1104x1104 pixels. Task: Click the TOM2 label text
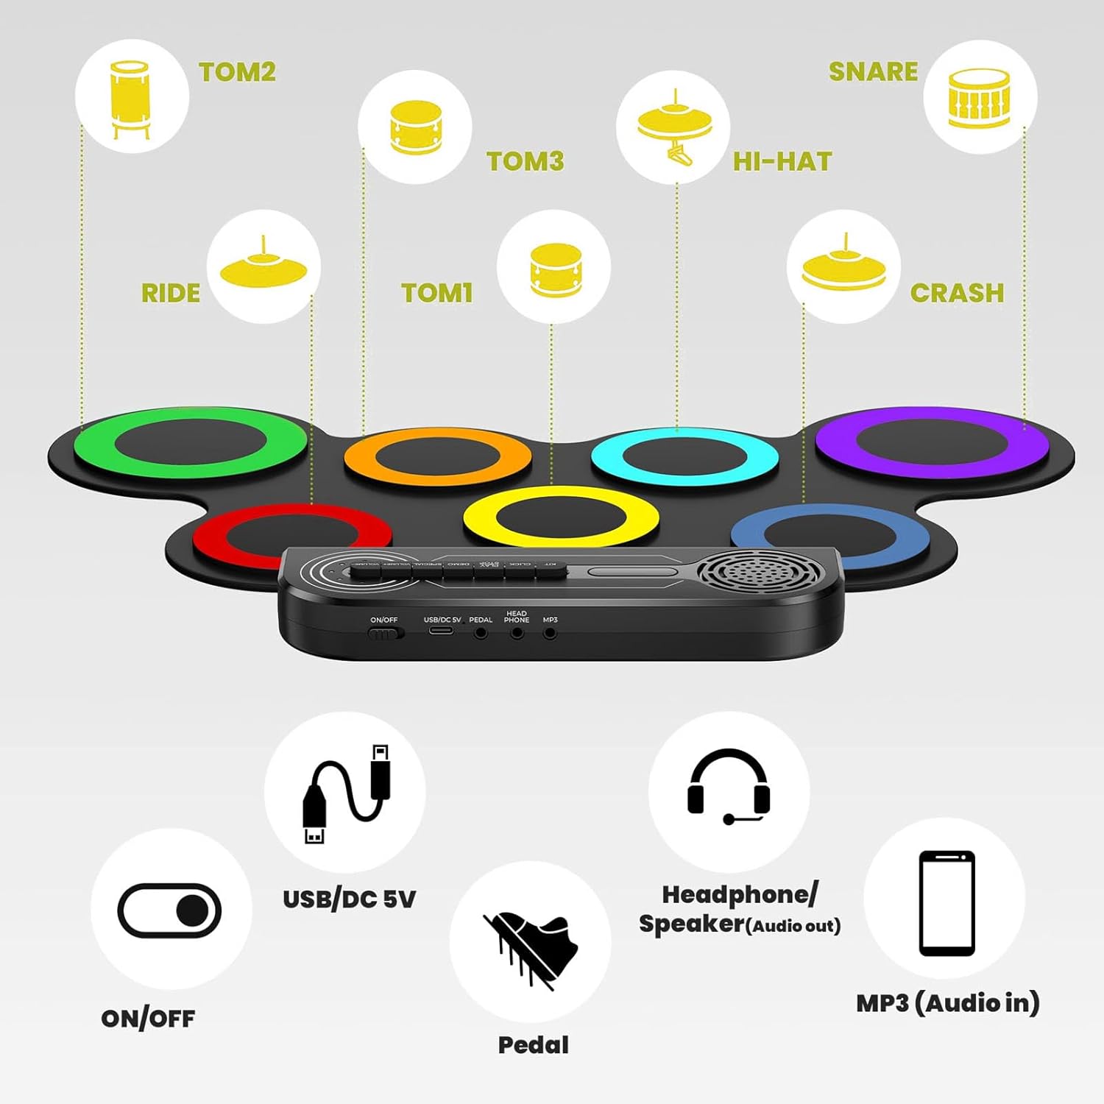click(237, 72)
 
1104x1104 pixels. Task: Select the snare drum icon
click(979, 98)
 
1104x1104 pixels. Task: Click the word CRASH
click(957, 293)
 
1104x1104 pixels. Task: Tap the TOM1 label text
click(436, 293)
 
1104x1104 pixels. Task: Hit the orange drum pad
click(437, 456)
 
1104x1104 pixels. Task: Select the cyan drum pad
click(684, 456)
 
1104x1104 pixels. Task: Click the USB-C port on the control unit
click(442, 631)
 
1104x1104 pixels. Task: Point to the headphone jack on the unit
click(517, 633)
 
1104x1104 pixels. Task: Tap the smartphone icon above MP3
click(946, 903)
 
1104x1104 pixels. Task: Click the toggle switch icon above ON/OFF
click(169, 910)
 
